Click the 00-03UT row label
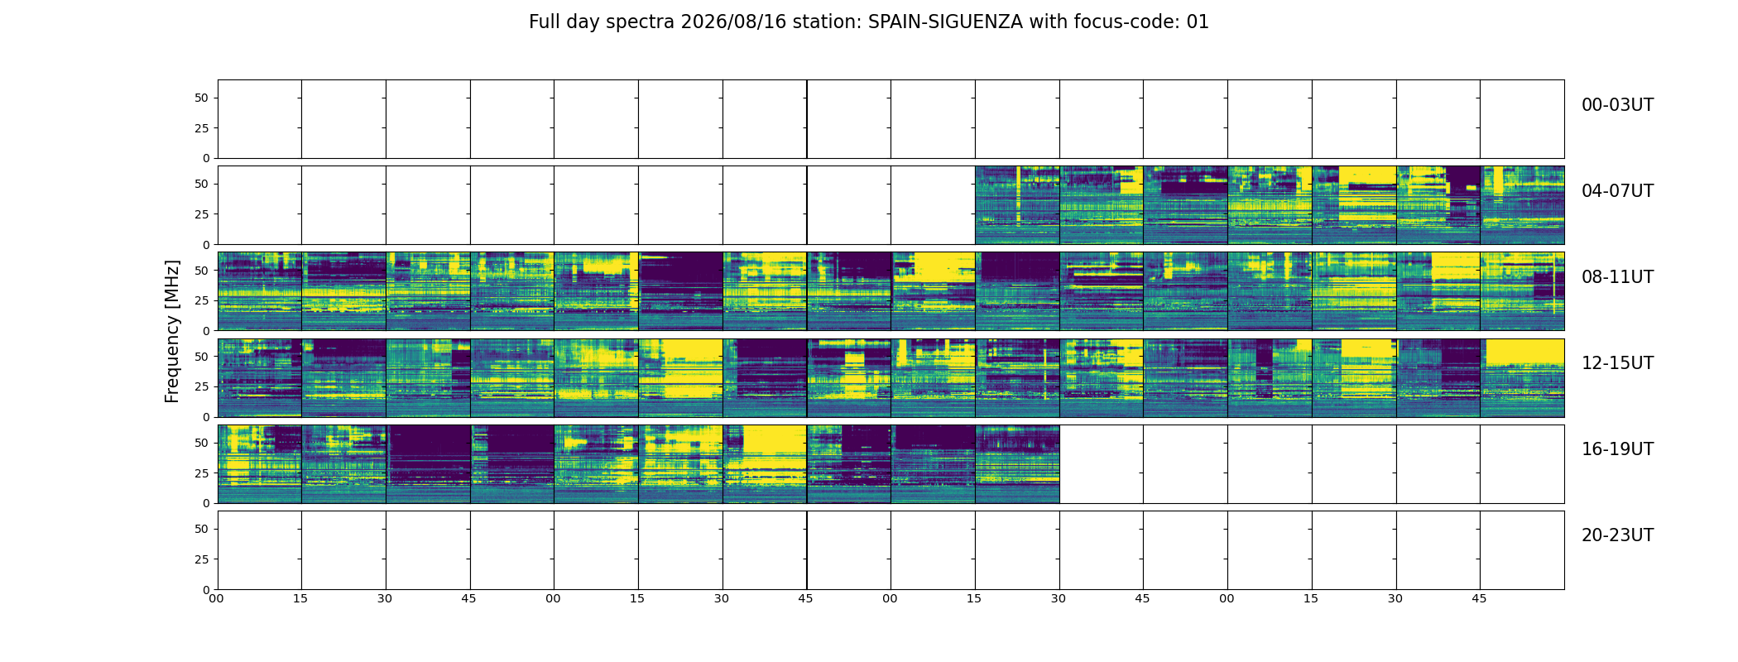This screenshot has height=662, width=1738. point(1617,105)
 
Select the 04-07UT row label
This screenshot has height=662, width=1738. point(1617,191)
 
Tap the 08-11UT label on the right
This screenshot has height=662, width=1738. point(1617,277)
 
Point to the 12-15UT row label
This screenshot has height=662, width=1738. point(1617,363)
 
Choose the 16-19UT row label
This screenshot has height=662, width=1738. point(1617,449)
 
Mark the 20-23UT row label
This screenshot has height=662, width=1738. point(1617,535)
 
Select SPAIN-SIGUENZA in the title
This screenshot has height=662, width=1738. point(945,22)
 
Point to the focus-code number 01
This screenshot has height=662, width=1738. point(1198,22)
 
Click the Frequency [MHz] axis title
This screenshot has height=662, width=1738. point(172,331)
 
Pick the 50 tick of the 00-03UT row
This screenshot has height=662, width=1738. point(202,98)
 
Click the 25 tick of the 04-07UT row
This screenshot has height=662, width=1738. point(202,214)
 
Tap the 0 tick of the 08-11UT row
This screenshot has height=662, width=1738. point(207,331)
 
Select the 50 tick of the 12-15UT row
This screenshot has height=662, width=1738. point(202,357)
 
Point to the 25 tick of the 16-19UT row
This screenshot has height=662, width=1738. point(202,473)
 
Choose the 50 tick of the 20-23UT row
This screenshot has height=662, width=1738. point(202,529)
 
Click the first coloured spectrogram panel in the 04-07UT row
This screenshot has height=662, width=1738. point(1017,205)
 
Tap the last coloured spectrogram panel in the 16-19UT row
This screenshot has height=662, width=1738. point(1017,464)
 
